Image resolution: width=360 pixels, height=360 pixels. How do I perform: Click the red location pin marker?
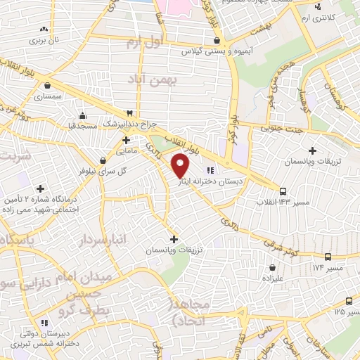pos(181,166)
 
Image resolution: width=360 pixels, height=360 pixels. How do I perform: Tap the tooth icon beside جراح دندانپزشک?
pos(129,113)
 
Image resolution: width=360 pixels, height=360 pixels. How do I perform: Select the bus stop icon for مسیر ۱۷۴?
pos(328,257)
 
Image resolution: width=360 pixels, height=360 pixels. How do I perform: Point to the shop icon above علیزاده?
pos(272,267)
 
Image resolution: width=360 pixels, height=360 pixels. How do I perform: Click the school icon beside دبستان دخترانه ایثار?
pos(209,169)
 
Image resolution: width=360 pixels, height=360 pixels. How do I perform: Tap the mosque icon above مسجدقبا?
pos(83,115)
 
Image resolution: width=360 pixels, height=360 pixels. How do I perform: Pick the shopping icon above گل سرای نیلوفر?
pos(103,160)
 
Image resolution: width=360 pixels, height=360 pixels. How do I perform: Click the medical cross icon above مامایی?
pos(125,140)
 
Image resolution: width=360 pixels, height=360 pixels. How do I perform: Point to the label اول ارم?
pos(144,44)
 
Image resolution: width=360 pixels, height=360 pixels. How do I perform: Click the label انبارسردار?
pos(103,241)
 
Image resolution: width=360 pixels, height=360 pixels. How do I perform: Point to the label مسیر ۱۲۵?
pos(347,310)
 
